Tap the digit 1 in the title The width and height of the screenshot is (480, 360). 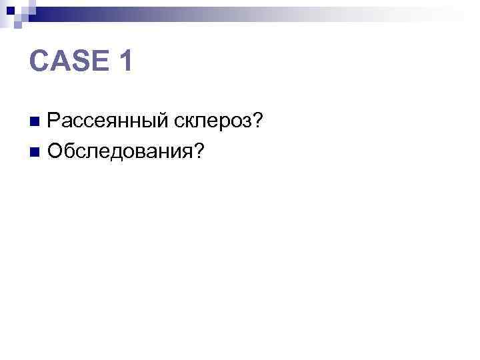125,63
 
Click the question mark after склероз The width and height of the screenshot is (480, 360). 257,121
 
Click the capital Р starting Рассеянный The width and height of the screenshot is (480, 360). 53,121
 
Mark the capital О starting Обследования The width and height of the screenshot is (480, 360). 55,152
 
